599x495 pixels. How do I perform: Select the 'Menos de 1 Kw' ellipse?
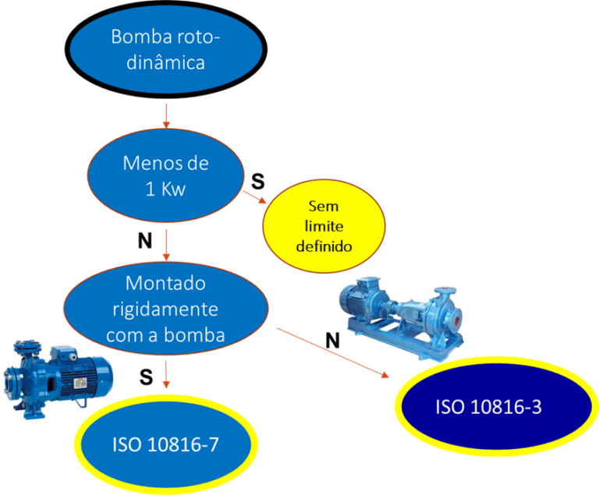click(x=165, y=177)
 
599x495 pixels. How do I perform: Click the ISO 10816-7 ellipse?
click(x=165, y=444)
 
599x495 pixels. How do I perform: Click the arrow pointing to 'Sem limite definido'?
click(x=253, y=196)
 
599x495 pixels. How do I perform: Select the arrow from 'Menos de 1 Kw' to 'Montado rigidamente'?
click(x=165, y=245)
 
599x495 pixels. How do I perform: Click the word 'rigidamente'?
click(x=165, y=309)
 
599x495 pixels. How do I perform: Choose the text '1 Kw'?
click(x=165, y=189)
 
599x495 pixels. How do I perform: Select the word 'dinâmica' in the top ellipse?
click(x=165, y=62)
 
